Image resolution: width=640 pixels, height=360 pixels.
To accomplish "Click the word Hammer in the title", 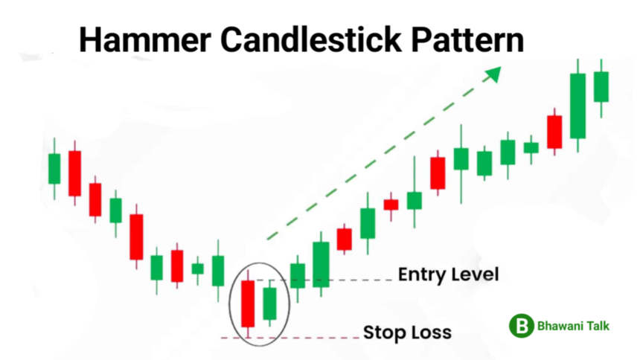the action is pos(145,39).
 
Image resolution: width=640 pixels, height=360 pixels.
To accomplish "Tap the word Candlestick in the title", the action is pos(312,39).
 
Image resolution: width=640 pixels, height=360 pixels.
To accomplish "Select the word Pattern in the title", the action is pos(467,39).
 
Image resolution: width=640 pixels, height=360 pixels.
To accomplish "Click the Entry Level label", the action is pos(449,274).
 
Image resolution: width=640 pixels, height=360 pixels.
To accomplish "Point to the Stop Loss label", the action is pos(407,332).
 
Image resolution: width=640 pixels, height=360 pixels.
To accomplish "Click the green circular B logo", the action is pos(521,326).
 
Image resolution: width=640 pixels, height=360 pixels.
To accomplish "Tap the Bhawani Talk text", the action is pos(573,326).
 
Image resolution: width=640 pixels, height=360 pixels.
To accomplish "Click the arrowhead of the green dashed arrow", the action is pos(494,74).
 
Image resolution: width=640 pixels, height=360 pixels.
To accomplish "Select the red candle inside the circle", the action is pos(248,303).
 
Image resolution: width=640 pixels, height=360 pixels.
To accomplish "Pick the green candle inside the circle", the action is pos(269,303).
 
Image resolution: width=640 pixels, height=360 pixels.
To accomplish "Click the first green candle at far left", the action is pos(54,169).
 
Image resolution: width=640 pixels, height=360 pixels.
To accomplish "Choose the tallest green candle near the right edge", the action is pos(577,106).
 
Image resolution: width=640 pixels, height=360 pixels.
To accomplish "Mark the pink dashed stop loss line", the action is pos(289,338).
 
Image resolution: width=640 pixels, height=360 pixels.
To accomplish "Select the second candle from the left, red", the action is pos(74,173).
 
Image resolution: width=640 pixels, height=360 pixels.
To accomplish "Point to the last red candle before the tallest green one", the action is pos(554,132).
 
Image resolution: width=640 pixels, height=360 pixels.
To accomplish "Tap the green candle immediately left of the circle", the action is pos(218,271).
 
